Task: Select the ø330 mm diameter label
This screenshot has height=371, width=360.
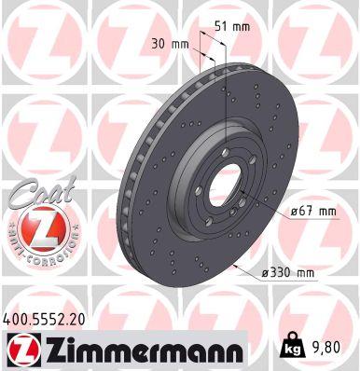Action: tap(289, 271)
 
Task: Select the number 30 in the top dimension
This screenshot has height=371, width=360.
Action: tap(158, 43)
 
